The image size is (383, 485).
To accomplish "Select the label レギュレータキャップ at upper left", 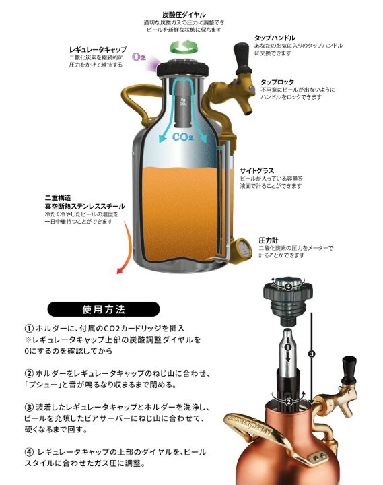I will pos(98,49).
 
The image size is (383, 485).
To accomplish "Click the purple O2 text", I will pos(139,57).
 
